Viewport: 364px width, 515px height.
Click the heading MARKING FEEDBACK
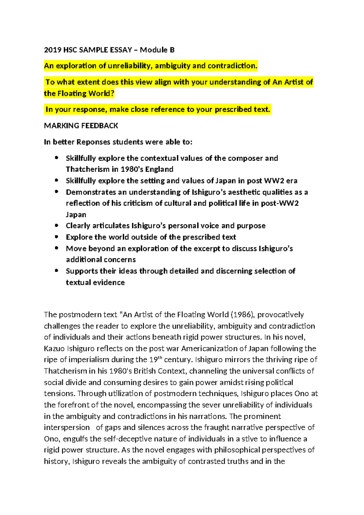[x=81, y=126]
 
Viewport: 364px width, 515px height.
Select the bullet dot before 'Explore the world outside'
[x=56, y=237]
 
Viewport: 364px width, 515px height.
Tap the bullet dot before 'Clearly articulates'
[x=56, y=225]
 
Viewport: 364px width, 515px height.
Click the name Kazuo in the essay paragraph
[x=54, y=348]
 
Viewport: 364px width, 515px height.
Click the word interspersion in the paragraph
[x=67, y=428]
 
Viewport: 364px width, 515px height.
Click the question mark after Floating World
[x=112, y=94]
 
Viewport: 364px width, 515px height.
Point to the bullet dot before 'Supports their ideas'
[x=56, y=271]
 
